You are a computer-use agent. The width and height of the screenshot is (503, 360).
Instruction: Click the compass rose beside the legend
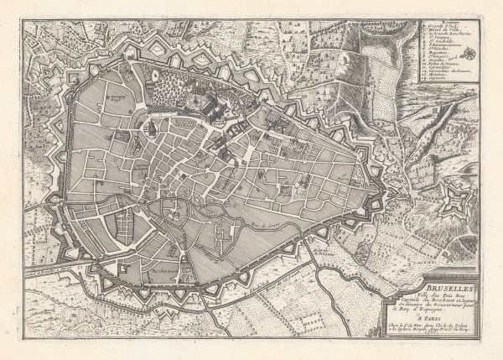pyautogui.click(x=472, y=55)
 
